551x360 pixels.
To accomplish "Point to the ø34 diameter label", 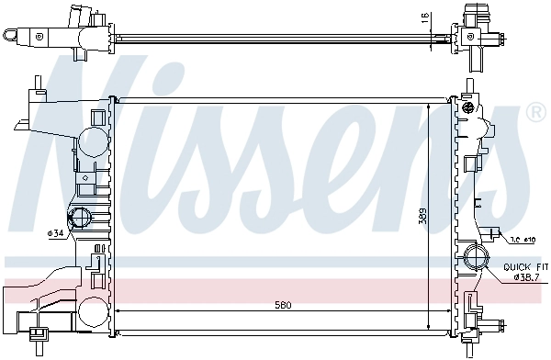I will click(x=56, y=232).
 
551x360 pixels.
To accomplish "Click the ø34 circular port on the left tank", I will click(x=80, y=219).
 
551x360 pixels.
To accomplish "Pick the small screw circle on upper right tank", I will click(x=467, y=110).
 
